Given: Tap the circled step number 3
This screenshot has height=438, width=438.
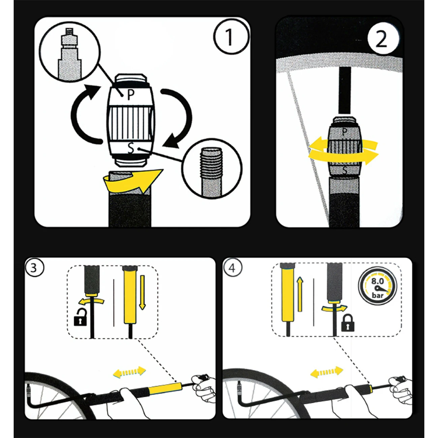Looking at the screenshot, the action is [34, 268].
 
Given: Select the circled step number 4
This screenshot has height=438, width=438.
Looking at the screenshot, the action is [232, 268].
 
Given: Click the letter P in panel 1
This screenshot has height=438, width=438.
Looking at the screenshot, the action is [131, 95].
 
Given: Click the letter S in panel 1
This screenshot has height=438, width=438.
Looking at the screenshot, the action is [131, 148].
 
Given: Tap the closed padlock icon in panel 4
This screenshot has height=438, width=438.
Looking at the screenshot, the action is [348, 323].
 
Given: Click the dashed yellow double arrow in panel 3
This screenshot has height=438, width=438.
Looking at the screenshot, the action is [129, 372].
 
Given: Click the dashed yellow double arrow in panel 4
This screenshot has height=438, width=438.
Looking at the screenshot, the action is [326, 372].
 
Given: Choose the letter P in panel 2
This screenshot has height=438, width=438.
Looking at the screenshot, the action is [344, 132].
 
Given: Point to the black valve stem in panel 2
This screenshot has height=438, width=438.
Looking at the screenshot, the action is [344, 90].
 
